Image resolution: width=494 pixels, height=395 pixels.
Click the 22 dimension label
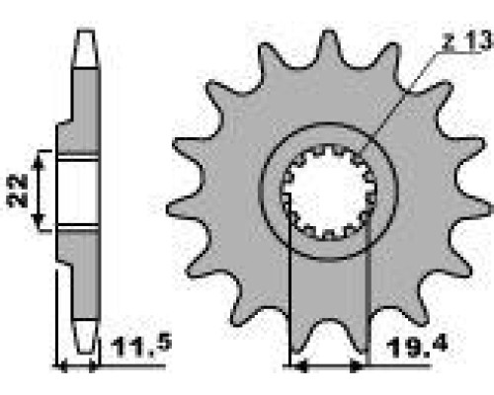coord(18,191)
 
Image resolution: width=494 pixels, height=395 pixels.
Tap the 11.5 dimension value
coord(141,345)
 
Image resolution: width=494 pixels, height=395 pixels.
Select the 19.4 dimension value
coord(417,347)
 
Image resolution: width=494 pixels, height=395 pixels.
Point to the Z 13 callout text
coord(467,40)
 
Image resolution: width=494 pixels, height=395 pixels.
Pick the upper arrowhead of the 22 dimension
coord(39,160)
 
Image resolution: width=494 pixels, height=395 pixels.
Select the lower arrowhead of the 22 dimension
coord(39,220)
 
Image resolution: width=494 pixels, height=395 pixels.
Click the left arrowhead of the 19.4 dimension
coord(300,365)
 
